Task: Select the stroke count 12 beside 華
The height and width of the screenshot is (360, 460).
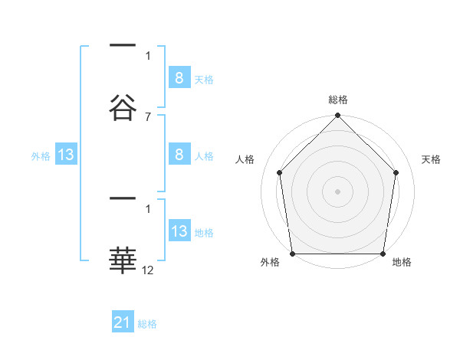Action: [148, 270]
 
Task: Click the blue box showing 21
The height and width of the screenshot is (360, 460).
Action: [123, 322]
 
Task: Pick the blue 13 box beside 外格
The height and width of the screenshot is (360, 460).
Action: [66, 155]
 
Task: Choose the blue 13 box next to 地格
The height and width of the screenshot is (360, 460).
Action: [179, 231]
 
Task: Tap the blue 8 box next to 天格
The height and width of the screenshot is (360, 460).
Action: [179, 77]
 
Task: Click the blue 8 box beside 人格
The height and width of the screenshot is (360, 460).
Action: [179, 155]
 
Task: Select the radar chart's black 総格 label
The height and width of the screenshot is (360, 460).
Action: [337, 100]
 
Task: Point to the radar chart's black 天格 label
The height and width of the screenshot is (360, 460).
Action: [432, 160]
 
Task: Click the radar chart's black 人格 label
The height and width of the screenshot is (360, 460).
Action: [245, 160]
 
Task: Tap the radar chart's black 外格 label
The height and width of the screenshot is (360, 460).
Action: [270, 263]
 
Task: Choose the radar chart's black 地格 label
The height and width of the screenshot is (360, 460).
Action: [402, 263]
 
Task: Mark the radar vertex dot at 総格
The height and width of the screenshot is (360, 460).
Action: [337, 116]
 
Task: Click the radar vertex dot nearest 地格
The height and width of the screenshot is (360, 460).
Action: [383, 254]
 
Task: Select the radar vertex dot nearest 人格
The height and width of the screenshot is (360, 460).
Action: [280, 172]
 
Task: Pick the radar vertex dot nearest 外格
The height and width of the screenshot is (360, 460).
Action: [292, 254]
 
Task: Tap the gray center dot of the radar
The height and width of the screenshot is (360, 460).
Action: [337, 191]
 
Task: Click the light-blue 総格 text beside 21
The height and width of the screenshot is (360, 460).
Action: [148, 324]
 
